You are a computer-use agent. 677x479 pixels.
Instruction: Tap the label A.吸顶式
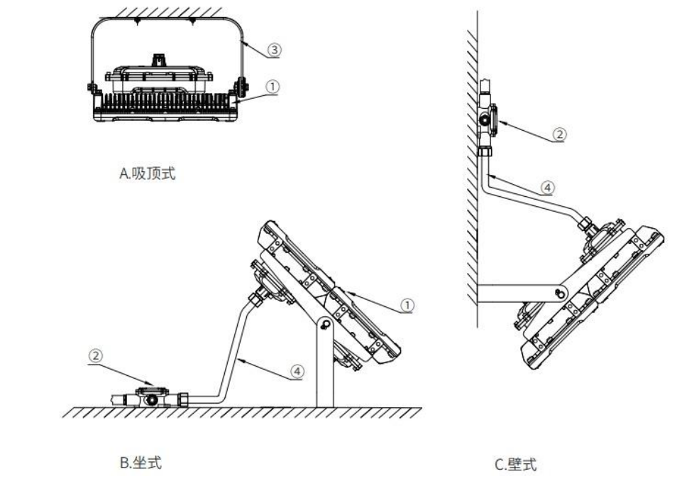[x=146, y=174]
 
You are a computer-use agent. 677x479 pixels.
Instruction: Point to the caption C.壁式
[x=516, y=464]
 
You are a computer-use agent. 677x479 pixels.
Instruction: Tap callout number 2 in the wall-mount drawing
[x=559, y=133]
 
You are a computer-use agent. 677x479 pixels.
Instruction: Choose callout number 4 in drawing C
[x=547, y=188]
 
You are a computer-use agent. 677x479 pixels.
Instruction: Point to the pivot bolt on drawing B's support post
[x=324, y=325]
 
